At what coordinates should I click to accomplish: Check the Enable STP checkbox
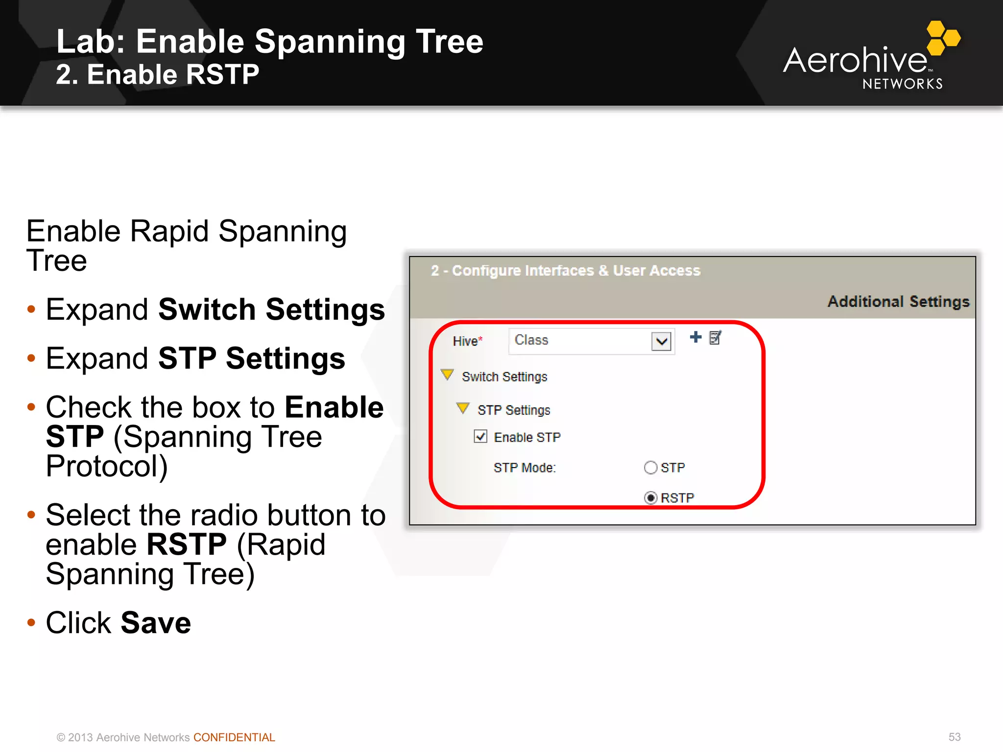(480, 436)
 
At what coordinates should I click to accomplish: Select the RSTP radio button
(650, 498)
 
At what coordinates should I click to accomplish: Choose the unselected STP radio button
(650, 468)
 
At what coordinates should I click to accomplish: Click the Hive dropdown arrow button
(661, 341)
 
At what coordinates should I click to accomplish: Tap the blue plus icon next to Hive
(695, 337)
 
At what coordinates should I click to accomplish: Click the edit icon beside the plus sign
(715, 338)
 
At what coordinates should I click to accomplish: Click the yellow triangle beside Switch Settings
(447, 375)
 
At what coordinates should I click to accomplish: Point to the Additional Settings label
(898, 302)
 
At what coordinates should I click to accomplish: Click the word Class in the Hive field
(531, 340)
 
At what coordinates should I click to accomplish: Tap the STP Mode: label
(525, 468)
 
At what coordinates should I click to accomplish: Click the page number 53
(954, 737)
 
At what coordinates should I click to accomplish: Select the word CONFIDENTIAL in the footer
(234, 737)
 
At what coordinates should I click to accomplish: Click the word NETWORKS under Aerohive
(902, 84)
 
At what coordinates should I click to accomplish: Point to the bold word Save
(156, 623)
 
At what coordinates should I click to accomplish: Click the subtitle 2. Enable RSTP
(157, 75)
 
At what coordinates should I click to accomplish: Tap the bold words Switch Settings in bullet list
(271, 309)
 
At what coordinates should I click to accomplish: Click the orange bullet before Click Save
(31, 623)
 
